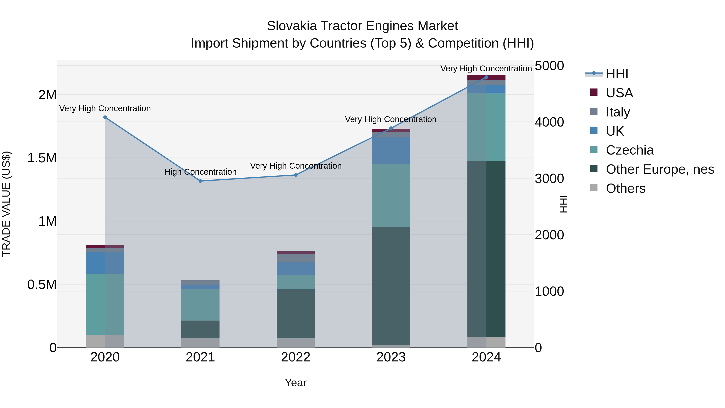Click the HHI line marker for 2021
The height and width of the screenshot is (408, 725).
(x=200, y=181)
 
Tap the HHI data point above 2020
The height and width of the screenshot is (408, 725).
(x=105, y=117)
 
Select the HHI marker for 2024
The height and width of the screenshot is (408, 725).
(x=486, y=77)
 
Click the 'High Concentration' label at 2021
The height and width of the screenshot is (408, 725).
(x=200, y=172)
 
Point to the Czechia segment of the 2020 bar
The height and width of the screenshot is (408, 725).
(x=105, y=304)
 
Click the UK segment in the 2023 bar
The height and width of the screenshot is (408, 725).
(x=391, y=151)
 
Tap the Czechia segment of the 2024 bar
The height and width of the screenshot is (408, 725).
(x=486, y=127)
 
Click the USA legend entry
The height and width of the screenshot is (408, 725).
(x=619, y=93)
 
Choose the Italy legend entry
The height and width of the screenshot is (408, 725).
(x=618, y=112)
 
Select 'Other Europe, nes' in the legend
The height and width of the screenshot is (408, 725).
(x=660, y=169)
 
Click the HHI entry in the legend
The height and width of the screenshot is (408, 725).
(x=617, y=74)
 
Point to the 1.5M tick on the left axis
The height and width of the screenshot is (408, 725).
(x=42, y=158)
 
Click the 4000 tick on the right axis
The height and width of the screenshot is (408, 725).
(x=549, y=122)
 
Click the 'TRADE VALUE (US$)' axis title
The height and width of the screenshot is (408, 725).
(x=6, y=204)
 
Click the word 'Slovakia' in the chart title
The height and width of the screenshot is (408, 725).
(x=292, y=26)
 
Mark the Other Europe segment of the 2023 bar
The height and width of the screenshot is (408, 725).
(x=391, y=286)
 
